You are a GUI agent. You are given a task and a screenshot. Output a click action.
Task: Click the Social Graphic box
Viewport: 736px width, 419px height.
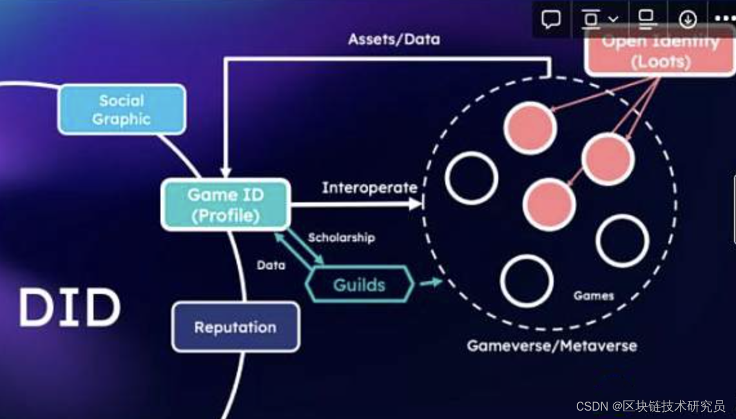[122, 110]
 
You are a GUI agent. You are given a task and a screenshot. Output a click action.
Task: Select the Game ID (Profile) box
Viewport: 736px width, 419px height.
[226, 204]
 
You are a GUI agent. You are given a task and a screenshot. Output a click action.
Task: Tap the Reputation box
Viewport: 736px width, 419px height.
[235, 327]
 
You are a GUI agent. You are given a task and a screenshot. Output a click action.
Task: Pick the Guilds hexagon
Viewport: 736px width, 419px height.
[359, 284]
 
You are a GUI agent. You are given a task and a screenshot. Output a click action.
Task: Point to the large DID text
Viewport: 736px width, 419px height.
[70, 307]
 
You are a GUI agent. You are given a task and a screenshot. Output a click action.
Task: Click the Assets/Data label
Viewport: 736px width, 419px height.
[394, 39]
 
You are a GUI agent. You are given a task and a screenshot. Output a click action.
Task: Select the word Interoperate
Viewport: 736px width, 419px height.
[369, 188]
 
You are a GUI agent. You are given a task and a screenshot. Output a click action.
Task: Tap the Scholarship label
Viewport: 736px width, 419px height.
[341, 238]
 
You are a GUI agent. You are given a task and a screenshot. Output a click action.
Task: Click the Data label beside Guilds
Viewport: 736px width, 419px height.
[271, 265]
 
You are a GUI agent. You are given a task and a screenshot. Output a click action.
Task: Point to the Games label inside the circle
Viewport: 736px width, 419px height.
[594, 296]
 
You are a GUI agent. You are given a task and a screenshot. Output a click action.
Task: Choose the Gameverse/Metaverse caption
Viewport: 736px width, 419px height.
[552, 346]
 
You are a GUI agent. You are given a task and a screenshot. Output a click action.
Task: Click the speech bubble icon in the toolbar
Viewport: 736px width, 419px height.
[551, 19]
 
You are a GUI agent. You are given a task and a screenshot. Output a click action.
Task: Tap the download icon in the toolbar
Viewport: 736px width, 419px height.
[688, 19]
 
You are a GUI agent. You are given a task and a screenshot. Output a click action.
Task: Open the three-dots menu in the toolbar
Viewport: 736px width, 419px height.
[724, 19]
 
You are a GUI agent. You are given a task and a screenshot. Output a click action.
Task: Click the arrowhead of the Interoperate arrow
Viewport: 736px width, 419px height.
[416, 204]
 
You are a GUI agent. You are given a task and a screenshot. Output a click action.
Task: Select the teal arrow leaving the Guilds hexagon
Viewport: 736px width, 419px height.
[431, 282]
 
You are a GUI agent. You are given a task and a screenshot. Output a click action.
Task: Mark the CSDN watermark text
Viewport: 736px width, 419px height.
[650, 406]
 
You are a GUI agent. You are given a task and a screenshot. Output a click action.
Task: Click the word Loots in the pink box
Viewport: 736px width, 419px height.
[660, 63]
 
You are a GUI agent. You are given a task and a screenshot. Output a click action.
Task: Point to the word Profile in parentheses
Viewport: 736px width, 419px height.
[226, 215]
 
